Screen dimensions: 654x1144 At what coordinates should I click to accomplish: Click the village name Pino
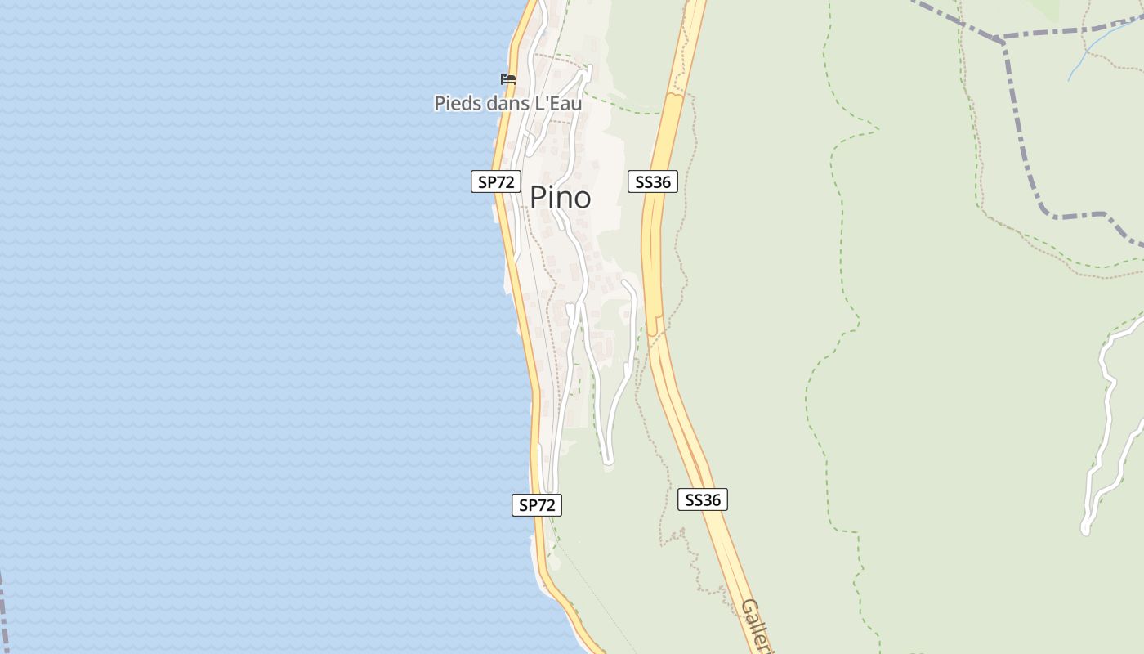coord(560,197)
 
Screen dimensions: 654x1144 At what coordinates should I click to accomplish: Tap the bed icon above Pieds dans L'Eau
coord(508,79)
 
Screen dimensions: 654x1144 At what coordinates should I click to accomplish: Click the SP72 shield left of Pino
coord(495,181)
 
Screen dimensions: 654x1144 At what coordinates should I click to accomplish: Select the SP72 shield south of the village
coord(537,505)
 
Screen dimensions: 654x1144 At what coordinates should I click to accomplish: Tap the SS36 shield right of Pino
coord(653,181)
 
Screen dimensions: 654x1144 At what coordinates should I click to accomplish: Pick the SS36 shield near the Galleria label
coord(702,499)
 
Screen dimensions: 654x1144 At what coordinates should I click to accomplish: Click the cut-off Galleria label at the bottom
coord(756,625)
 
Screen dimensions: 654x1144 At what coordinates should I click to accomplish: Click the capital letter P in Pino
coord(538,197)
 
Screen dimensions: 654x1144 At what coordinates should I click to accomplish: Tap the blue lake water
coord(245,327)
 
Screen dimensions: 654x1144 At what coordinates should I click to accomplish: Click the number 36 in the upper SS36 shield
coord(661,181)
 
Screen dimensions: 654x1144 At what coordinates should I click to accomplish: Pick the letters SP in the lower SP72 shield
coord(528,505)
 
